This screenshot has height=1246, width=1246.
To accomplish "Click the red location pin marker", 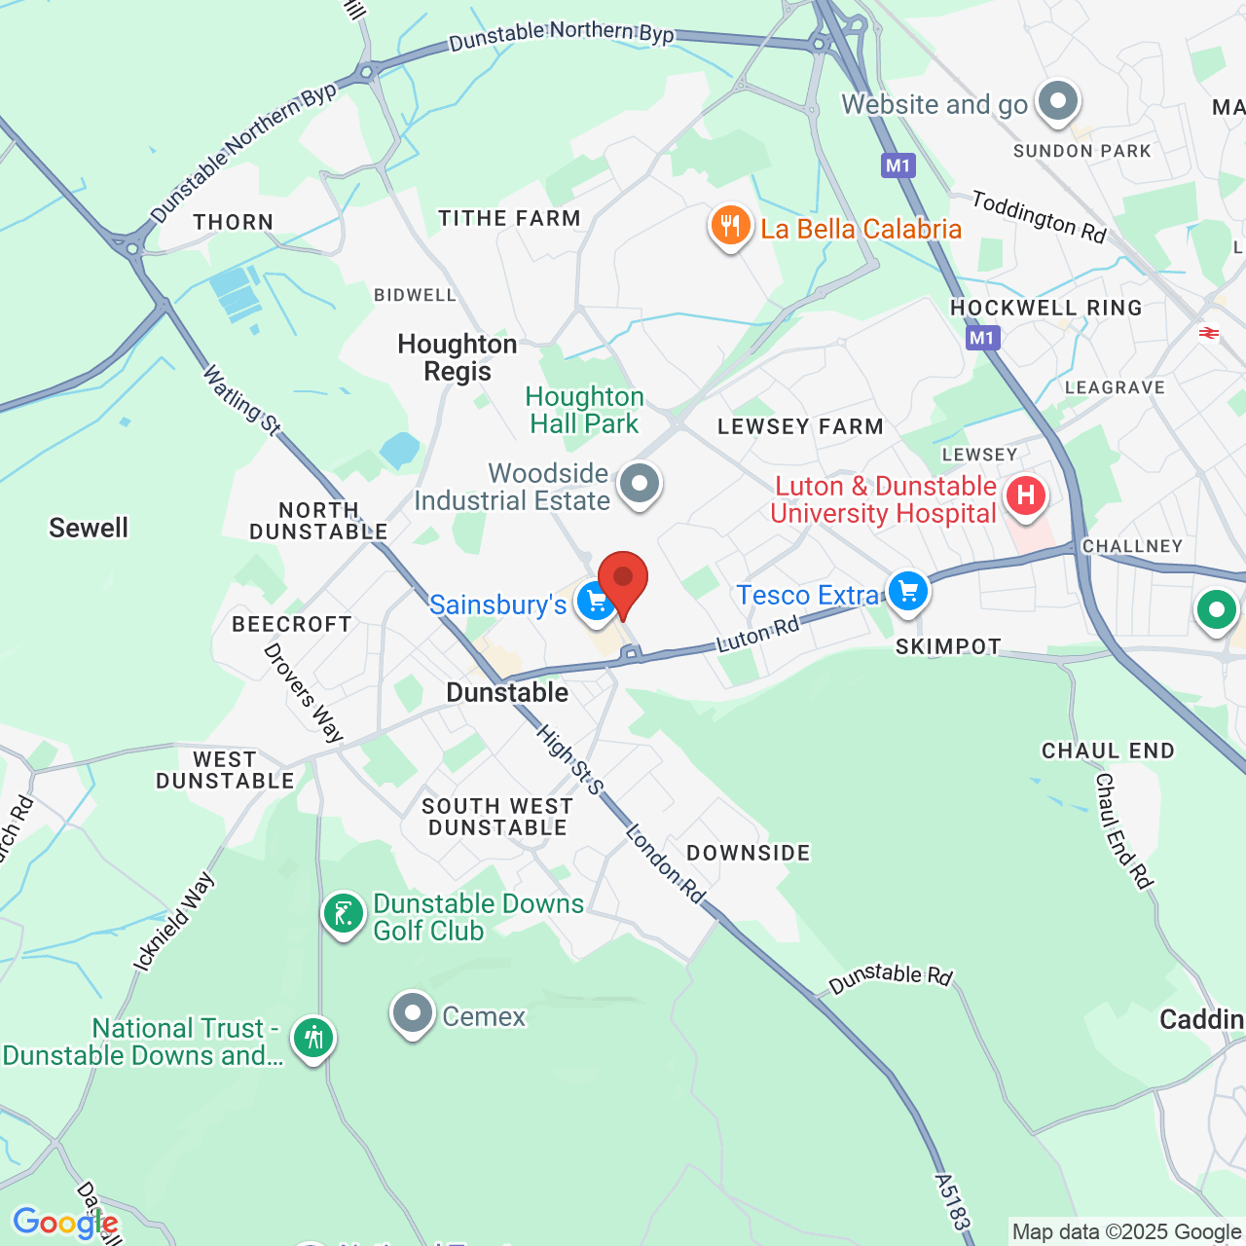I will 623,580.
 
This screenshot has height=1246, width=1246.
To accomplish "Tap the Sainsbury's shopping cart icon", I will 595,602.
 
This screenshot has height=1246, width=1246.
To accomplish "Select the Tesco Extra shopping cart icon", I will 907,591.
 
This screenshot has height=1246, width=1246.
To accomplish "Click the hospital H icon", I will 1025,495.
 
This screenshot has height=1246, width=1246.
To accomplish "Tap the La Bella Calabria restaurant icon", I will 730,226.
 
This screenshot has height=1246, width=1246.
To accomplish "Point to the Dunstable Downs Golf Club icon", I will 344,914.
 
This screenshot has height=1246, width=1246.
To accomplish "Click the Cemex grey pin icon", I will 413,1013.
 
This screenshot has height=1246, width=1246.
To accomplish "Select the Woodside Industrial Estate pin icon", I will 640,483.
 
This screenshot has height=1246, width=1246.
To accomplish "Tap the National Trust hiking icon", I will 313,1039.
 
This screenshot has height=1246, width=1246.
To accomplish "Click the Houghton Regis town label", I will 458,357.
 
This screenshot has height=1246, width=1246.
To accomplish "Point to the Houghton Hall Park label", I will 584,410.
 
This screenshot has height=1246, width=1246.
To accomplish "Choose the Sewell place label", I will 89,528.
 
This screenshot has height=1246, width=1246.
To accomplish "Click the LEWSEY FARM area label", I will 800,426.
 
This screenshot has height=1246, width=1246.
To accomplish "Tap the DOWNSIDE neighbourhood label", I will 748,853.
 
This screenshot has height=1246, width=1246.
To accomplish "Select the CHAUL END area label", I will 1108,751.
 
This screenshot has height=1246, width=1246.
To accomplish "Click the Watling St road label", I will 241,399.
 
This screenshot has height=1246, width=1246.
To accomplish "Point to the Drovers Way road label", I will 304,692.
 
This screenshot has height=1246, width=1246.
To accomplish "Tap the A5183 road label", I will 952,1201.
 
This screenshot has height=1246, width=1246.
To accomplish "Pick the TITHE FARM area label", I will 509,218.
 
